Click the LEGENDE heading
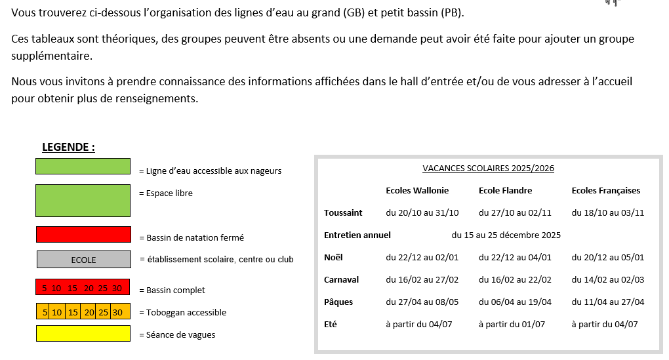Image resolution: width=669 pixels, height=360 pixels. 68,147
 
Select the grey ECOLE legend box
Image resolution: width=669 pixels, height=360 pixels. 83,260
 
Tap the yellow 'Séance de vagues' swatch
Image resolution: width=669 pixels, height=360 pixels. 83,334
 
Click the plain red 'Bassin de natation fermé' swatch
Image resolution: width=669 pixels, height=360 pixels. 83,235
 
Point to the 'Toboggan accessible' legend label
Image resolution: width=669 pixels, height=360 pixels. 182,313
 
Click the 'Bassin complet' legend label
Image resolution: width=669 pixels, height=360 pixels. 172,290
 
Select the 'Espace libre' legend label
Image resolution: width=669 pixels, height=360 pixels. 165,193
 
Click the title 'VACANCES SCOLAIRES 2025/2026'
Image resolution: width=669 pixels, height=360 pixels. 488,169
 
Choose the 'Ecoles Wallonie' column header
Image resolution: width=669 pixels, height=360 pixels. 417,191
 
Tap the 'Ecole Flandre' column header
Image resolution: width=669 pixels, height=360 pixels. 505,191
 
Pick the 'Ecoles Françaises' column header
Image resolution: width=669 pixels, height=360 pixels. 605,191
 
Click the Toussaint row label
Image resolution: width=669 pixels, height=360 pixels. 343,213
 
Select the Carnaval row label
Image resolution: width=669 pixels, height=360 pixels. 341,280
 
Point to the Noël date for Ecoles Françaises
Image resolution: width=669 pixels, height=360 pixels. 608,258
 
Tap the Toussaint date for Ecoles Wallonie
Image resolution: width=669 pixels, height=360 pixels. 422,213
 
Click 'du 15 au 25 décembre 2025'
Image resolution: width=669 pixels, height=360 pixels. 506,235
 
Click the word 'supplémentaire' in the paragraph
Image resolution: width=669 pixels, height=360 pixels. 52,56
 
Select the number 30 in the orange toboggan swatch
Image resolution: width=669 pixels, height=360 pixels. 117,312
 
